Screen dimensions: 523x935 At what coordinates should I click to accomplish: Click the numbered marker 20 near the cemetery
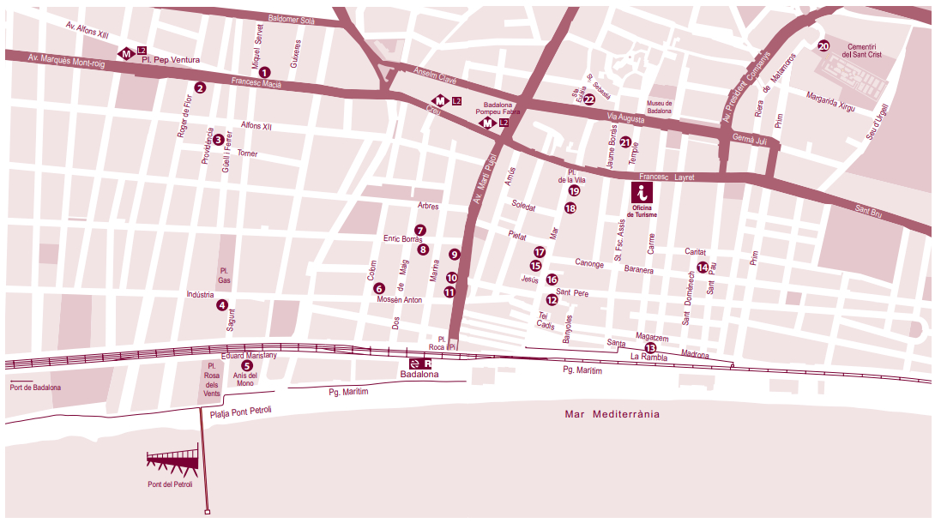(x=823, y=46)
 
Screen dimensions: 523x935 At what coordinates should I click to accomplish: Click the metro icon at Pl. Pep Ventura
(x=126, y=53)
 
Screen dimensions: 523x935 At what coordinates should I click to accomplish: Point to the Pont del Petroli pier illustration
(x=173, y=462)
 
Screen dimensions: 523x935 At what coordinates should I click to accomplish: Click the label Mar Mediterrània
(x=612, y=414)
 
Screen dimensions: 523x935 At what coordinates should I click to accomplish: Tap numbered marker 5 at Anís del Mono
(x=247, y=365)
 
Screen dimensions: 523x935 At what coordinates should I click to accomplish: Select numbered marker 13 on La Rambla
(x=650, y=347)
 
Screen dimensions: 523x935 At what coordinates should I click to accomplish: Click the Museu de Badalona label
(x=659, y=107)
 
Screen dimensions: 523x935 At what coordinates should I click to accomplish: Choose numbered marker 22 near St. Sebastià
(x=589, y=99)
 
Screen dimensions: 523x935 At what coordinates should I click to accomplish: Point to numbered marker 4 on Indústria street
(x=222, y=304)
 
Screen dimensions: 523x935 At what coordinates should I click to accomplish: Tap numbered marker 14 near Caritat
(x=703, y=268)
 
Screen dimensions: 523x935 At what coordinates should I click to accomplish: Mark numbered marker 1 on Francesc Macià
(x=264, y=73)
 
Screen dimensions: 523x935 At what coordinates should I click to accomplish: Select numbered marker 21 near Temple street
(x=625, y=142)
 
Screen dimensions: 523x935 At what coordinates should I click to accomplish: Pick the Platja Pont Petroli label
(x=241, y=412)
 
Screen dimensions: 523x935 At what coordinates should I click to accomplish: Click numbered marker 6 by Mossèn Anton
(x=379, y=288)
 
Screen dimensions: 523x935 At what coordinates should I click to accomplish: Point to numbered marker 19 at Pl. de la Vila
(x=574, y=191)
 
